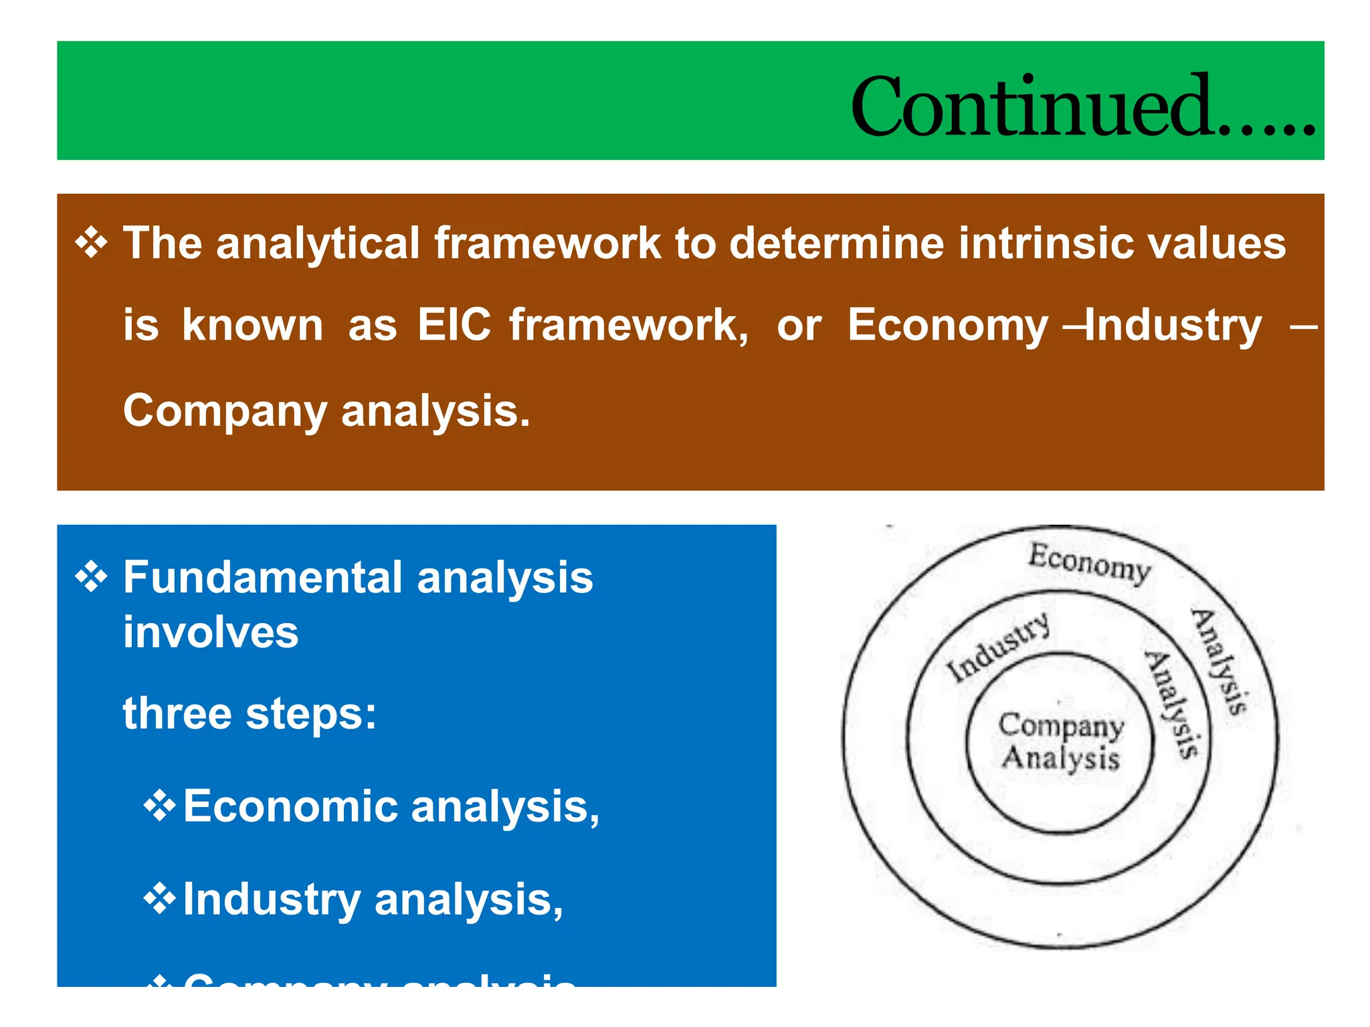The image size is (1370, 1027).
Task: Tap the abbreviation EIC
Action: [x=454, y=325]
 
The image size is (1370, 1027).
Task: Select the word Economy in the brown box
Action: [x=947, y=326]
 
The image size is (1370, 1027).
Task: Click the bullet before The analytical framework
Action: [x=91, y=242]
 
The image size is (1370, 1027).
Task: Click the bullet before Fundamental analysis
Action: [x=91, y=576]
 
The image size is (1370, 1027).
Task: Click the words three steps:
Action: [x=250, y=713]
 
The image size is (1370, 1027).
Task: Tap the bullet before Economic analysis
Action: [x=159, y=805]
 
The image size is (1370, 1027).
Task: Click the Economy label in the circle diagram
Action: [x=1089, y=562]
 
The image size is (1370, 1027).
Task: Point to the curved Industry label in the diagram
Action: [x=997, y=647]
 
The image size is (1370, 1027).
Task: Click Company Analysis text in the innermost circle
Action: [x=1060, y=741]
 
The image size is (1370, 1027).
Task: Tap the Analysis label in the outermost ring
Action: [x=1219, y=662]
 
